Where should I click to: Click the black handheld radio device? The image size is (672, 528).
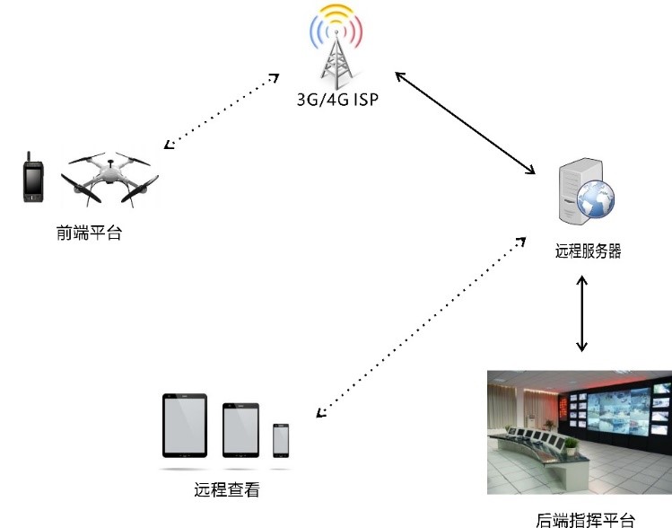[32, 180]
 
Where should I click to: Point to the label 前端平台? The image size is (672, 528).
[88, 233]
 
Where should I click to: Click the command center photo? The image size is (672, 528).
[579, 431]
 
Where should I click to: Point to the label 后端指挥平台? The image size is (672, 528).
[585, 519]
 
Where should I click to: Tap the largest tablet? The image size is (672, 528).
[187, 426]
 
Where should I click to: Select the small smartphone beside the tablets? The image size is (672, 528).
[281, 439]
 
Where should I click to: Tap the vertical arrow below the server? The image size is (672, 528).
[582, 313]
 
